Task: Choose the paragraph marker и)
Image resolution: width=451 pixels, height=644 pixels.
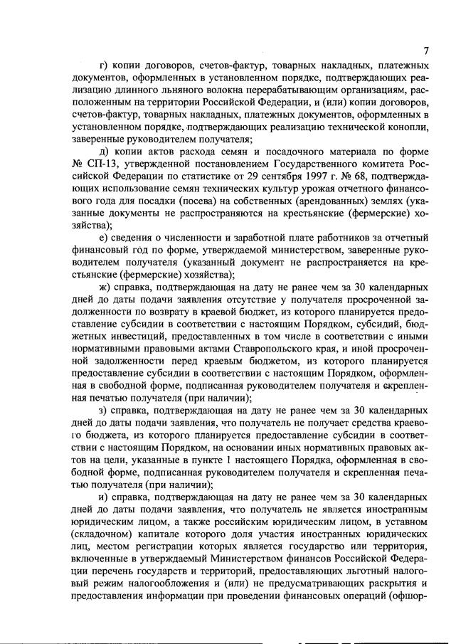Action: click(x=103, y=499)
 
